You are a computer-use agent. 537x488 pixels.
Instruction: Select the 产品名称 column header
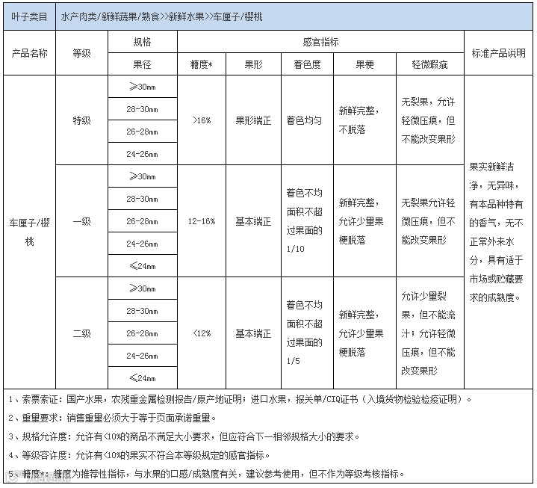pos(29,53)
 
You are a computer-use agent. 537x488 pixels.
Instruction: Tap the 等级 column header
pos(81,53)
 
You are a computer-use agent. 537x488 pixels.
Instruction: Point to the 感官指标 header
pos(320,42)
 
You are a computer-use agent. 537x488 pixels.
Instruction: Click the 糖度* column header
pos(201,64)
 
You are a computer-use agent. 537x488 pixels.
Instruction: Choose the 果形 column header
pos(253,64)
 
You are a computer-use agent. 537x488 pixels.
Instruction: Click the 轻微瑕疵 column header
pos(429,64)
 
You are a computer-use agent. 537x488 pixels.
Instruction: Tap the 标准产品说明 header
pos(499,53)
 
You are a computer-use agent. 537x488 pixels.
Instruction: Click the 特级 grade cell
pos(81,120)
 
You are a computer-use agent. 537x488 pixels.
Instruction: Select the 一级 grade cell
pos(81,221)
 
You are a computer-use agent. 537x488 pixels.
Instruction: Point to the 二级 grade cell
pos(81,333)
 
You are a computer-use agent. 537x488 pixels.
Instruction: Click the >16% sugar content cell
pos(201,120)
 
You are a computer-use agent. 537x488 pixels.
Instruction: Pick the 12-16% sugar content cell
pos(201,221)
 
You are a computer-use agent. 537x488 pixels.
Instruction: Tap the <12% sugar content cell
pos(201,333)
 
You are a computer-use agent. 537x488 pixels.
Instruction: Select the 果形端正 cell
pos(253,120)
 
